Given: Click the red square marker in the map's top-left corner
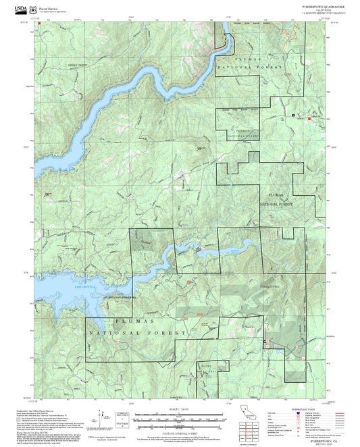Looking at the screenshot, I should [40, 22].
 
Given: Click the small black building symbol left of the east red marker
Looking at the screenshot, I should [293, 116].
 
